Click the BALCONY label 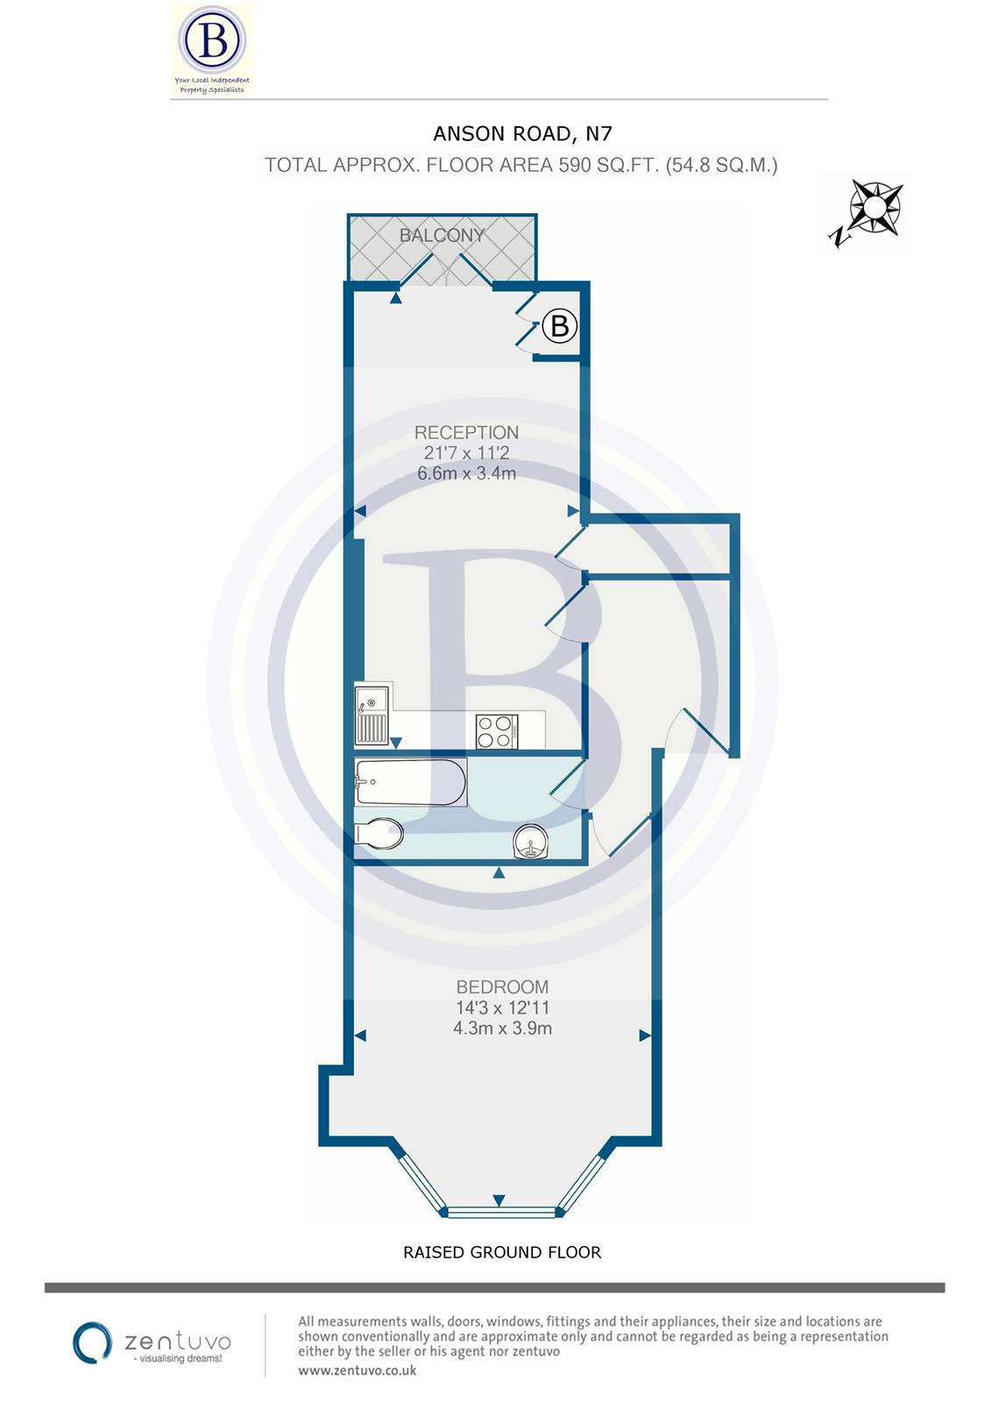(442, 235)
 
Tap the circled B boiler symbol (560, 326)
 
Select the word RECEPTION (466, 432)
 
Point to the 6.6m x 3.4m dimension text (466, 474)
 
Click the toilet (379, 833)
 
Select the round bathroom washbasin (532, 844)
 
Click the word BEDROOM (502, 987)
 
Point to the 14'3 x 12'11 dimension (502, 1008)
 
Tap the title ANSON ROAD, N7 (522, 133)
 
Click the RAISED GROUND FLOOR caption (502, 1252)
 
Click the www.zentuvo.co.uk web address (357, 1370)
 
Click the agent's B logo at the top (211, 40)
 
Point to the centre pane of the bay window (501, 1213)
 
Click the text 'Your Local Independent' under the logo (211, 81)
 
